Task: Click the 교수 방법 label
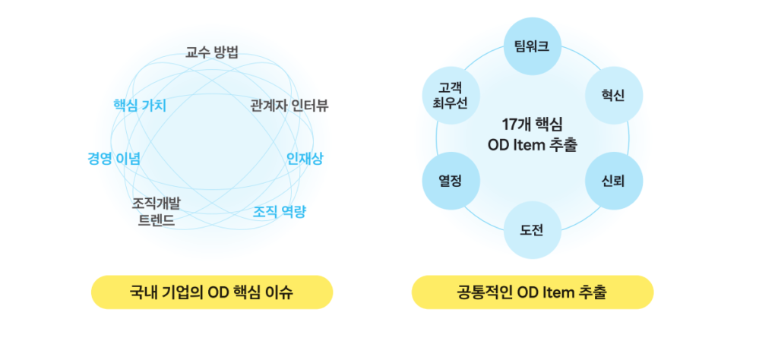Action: coord(212,52)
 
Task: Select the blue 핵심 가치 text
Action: coord(139,106)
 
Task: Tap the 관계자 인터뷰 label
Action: coord(289,106)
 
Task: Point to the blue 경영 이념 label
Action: coord(114,159)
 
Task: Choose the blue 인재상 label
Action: coord(305,159)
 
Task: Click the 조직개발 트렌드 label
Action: coord(156,212)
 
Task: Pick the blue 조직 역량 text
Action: coord(279,212)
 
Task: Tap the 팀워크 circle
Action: coord(532,46)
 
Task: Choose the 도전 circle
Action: coord(532,231)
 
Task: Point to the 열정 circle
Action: coord(450,182)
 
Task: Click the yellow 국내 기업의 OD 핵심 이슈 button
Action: coord(212,292)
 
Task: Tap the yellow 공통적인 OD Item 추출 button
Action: coord(533,292)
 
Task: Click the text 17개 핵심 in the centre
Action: coord(532,125)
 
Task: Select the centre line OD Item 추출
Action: coord(533,144)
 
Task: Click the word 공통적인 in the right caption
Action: coord(484,292)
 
